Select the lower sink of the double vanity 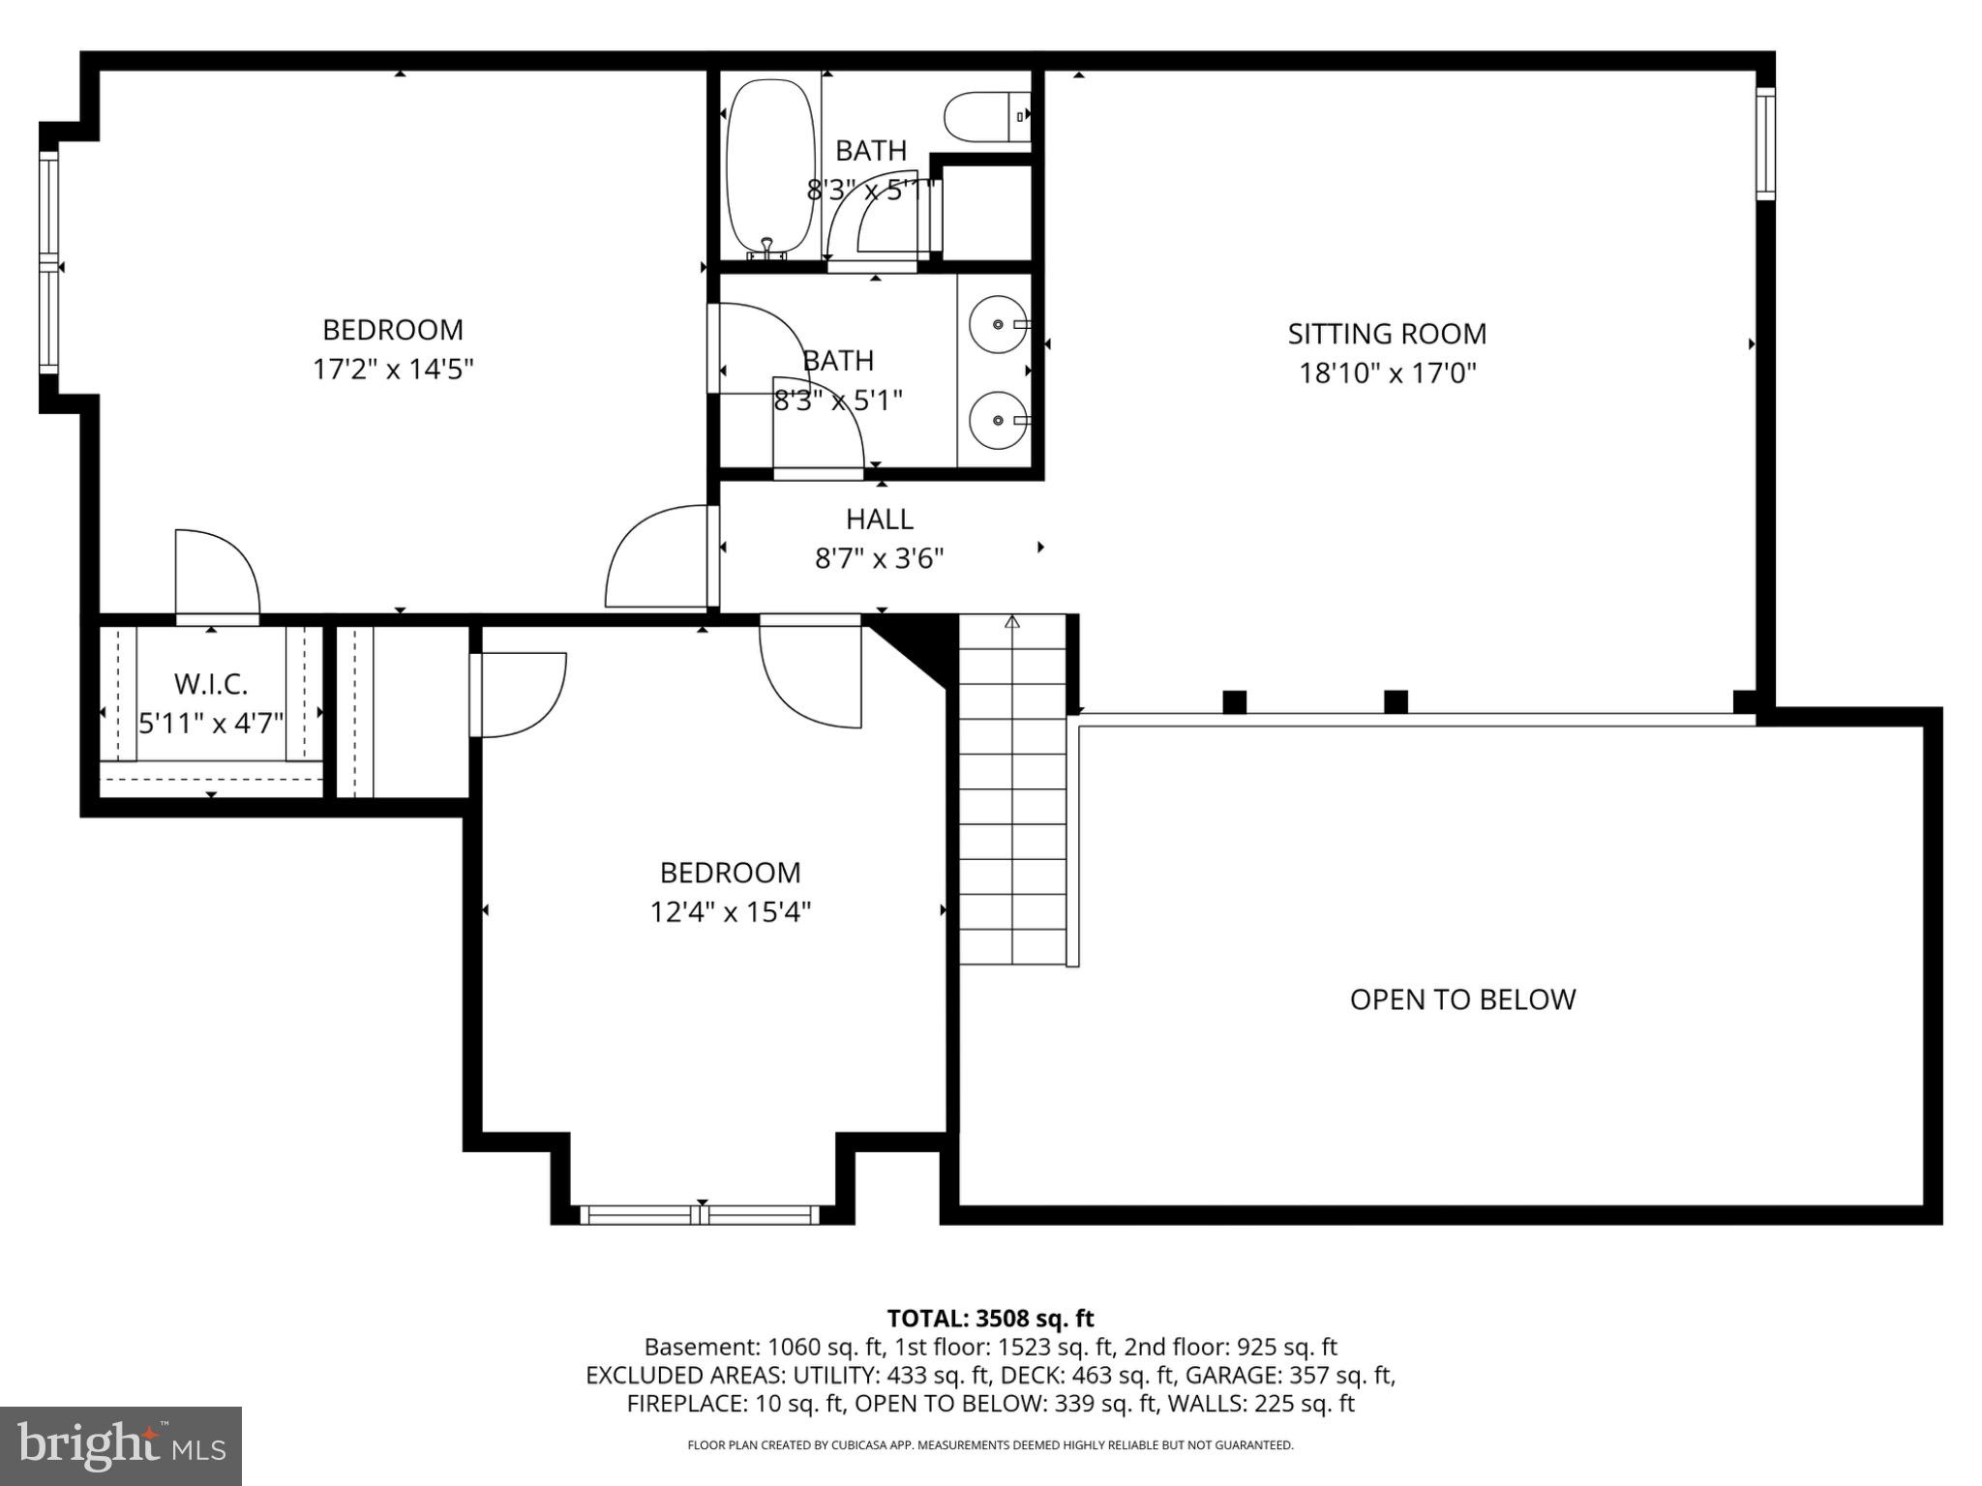pos(999,420)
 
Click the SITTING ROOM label pos(1386,334)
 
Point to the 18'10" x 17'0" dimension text pos(1386,373)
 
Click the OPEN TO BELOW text pos(1461,999)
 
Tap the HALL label pos(879,520)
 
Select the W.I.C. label pos(211,684)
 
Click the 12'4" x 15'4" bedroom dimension pos(730,912)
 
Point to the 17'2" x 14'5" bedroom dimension pos(392,370)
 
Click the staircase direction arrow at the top pos(1012,622)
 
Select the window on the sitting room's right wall pos(1766,143)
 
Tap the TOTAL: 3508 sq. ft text pos(990,1318)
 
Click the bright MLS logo pos(121,1445)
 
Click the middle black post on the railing pos(1395,701)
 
